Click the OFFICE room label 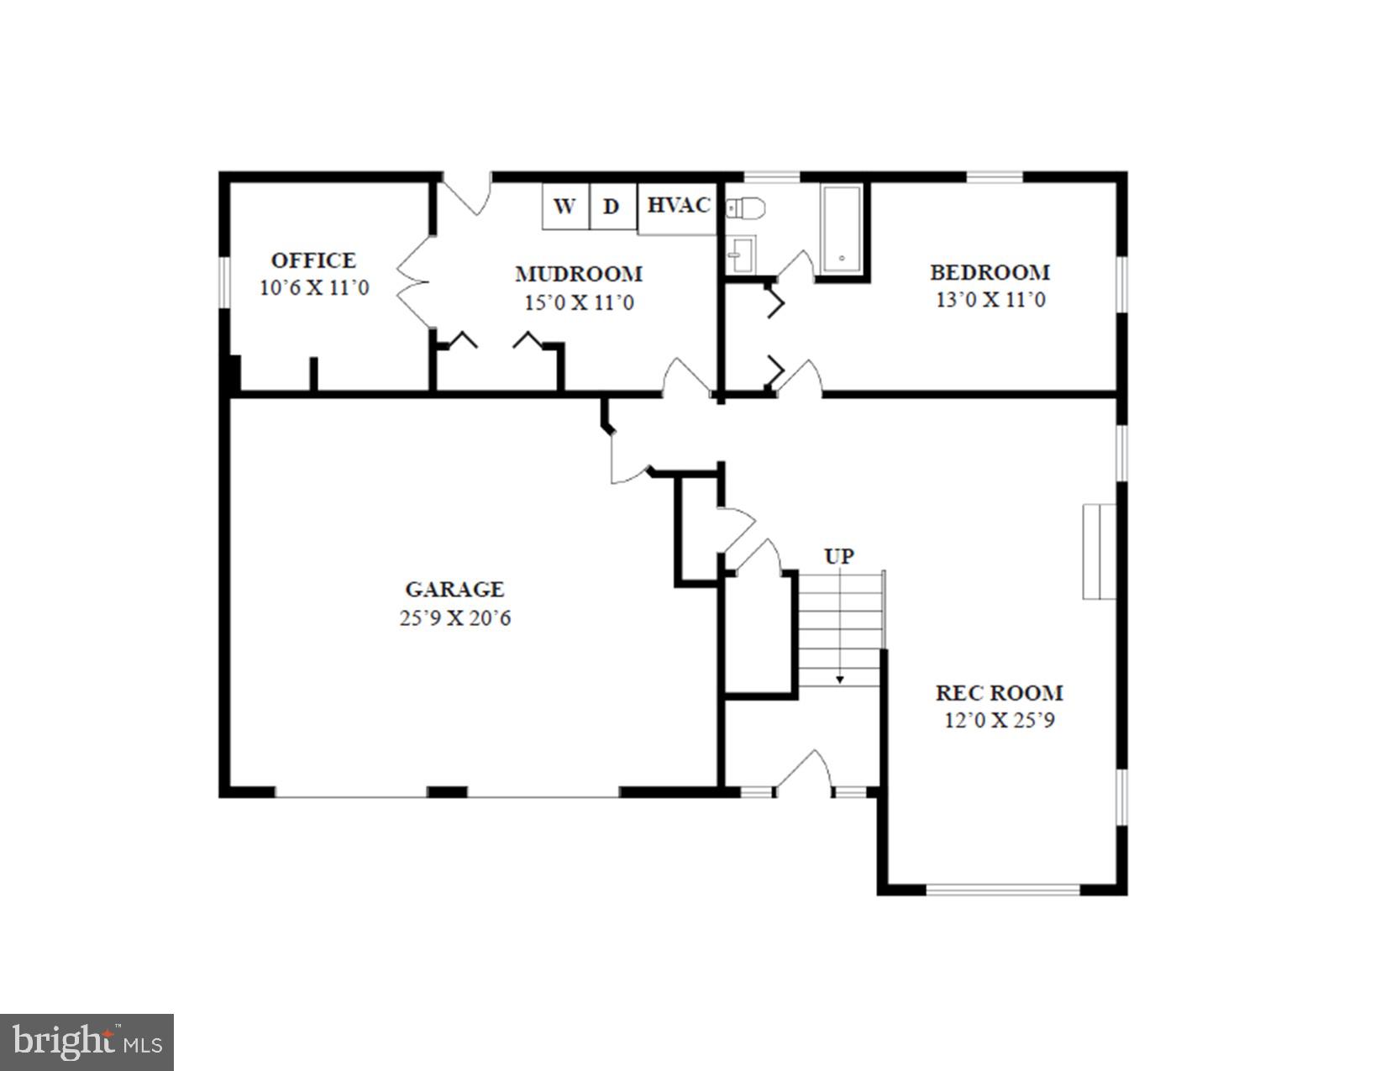pyautogui.click(x=313, y=260)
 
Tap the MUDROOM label pyautogui.click(x=579, y=274)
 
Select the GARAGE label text pyautogui.click(x=454, y=590)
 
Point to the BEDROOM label pyautogui.click(x=990, y=272)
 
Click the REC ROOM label pyautogui.click(x=1000, y=693)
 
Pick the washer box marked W pyautogui.click(x=565, y=207)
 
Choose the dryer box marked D pyautogui.click(x=612, y=207)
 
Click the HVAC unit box pyautogui.click(x=679, y=206)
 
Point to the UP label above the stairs pyautogui.click(x=839, y=557)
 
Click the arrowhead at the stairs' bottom pyautogui.click(x=839, y=680)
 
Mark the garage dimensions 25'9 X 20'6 pyautogui.click(x=454, y=619)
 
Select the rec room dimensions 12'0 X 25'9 pyautogui.click(x=1000, y=721)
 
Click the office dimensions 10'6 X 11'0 pyautogui.click(x=313, y=288)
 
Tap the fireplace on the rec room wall pyautogui.click(x=1098, y=551)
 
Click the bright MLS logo pyautogui.click(x=87, y=1042)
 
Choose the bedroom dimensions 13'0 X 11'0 pyautogui.click(x=990, y=300)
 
